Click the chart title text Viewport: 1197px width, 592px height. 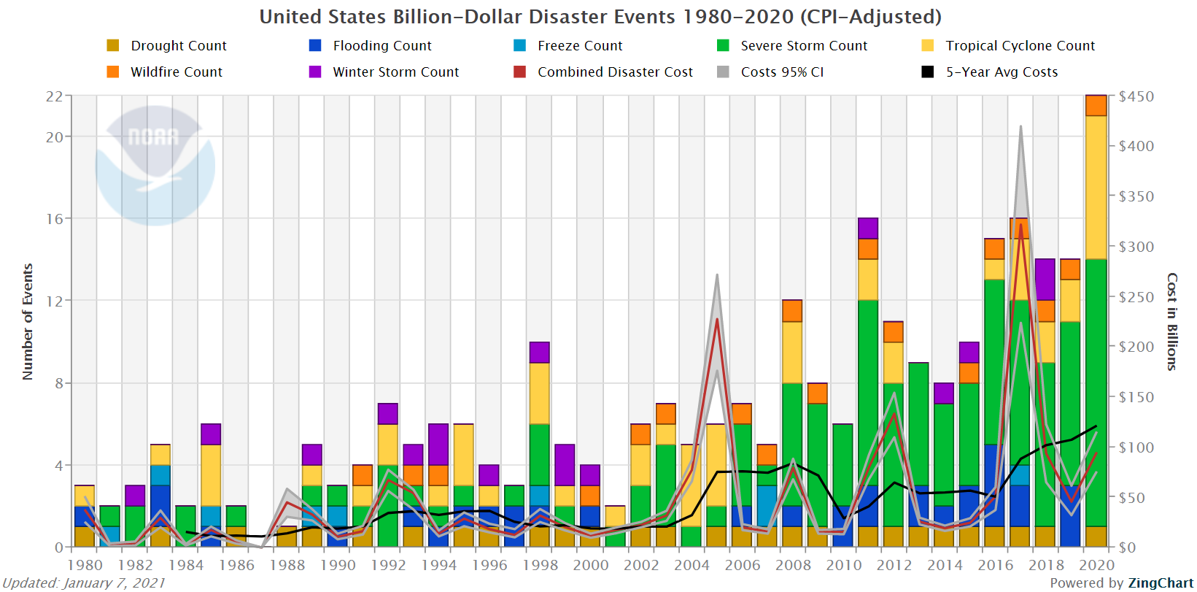pos(600,17)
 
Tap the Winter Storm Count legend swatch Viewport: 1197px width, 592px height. pos(315,72)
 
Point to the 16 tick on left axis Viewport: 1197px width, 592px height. pos(55,219)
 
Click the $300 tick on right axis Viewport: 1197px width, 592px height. pos(1136,247)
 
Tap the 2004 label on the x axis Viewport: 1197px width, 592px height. pos(692,565)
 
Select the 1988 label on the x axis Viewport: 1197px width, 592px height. pos(287,565)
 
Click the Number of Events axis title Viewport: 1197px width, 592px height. pos(28,322)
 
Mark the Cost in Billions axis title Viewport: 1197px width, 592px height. pos(1171,322)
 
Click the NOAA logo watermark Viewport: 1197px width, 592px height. pos(155,165)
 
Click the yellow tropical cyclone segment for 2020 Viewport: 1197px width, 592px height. pos(1096,187)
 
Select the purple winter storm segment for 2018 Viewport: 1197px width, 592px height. pos(1045,280)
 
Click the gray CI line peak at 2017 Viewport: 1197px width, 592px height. pos(1020,127)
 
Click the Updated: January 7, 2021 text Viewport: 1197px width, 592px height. pos(84,583)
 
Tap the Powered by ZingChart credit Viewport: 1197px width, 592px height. pos(1121,583)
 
